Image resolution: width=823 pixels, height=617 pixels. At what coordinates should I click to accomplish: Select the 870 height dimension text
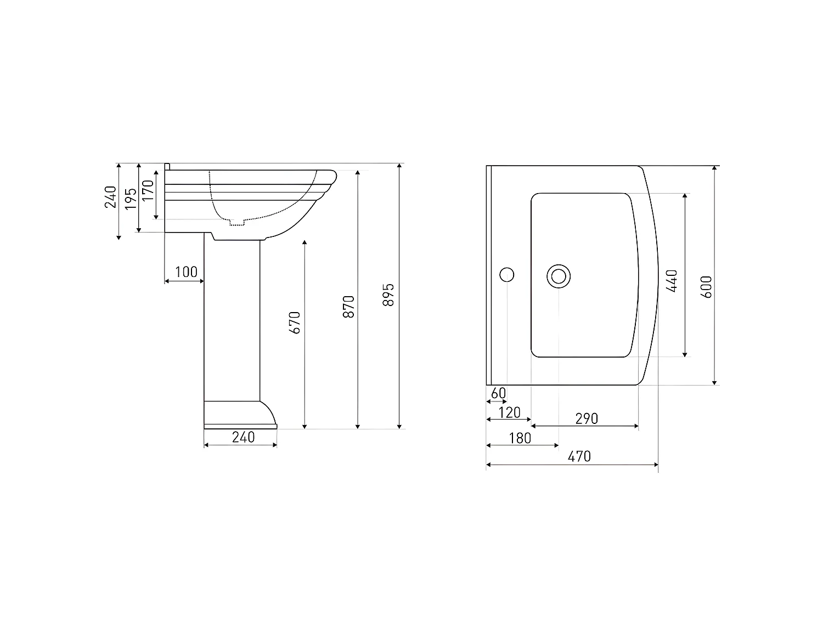(349, 307)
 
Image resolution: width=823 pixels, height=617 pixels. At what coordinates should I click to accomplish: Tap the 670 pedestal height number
(295, 322)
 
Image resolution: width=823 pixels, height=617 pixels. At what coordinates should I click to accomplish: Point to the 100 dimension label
(186, 272)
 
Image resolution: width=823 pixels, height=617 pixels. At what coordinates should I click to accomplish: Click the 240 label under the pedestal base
(243, 437)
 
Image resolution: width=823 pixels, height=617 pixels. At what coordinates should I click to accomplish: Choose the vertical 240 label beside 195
(110, 197)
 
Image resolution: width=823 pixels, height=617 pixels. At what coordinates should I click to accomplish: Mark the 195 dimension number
(130, 199)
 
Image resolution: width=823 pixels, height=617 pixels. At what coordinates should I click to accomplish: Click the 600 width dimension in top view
(707, 287)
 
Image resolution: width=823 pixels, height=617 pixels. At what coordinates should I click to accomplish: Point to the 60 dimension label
(498, 393)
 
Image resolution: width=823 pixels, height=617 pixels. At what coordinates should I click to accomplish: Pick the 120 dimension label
(510, 412)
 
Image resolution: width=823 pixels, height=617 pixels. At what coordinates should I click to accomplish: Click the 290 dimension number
(587, 419)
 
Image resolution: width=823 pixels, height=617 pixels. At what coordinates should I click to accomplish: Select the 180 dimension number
(520, 438)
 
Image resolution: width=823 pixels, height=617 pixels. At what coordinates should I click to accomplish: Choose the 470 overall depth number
(579, 456)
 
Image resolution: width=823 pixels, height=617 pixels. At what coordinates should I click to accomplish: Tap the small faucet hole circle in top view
(507, 275)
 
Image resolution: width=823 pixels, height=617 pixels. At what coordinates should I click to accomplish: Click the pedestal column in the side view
(232, 318)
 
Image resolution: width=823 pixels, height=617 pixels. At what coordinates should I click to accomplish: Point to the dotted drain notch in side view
(236, 222)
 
